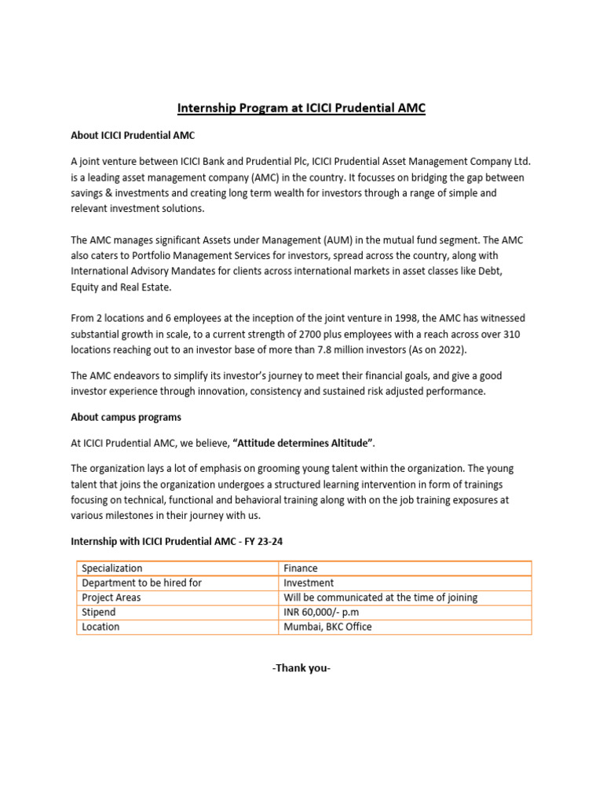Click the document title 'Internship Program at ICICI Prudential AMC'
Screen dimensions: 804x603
click(x=301, y=108)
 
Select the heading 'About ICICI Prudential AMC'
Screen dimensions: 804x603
click(x=133, y=136)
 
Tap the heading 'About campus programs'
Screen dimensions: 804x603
click(x=126, y=417)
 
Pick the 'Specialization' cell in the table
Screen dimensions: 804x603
click(x=112, y=568)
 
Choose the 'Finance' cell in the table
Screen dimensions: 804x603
click(x=301, y=568)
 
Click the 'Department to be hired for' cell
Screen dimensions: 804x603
click(x=142, y=583)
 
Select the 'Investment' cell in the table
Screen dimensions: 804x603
click(x=309, y=583)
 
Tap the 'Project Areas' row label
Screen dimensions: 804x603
click(x=111, y=598)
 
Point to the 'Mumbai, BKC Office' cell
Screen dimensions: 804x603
click(x=327, y=627)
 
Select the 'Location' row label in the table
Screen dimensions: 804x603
click(x=100, y=627)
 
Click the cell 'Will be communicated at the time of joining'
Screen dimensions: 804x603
click(x=380, y=598)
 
